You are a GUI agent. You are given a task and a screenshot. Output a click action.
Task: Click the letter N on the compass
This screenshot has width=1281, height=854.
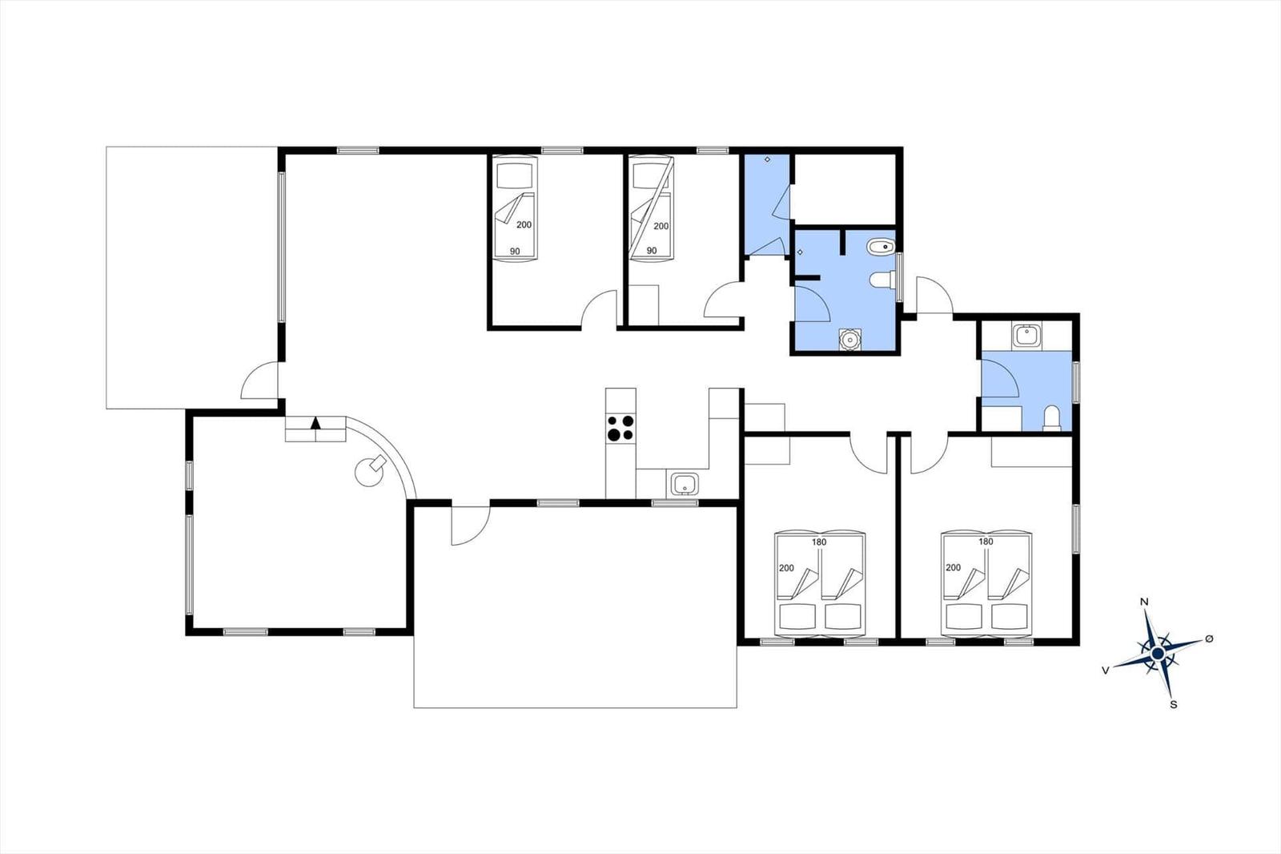click(1145, 602)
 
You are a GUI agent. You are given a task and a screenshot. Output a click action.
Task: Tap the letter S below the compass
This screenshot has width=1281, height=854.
click(1174, 705)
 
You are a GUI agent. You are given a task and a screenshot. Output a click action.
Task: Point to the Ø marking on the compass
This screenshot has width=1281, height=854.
click(1209, 638)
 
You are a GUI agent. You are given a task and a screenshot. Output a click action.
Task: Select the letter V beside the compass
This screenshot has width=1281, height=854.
click(1106, 671)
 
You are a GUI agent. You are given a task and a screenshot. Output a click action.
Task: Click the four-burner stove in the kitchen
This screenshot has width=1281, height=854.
click(620, 428)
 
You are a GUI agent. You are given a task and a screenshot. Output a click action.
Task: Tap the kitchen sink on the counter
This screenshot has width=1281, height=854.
click(684, 484)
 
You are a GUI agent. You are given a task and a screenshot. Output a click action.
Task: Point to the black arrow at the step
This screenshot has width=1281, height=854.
click(316, 423)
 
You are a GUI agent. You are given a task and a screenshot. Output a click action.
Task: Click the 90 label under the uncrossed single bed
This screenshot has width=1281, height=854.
click(515, 252)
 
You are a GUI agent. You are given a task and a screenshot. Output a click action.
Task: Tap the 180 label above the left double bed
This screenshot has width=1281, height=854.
click(818, 542)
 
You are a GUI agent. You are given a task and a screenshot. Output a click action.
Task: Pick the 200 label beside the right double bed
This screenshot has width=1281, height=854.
click(953, 567)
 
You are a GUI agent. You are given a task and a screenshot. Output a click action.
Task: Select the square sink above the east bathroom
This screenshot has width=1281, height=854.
click(1026, 334)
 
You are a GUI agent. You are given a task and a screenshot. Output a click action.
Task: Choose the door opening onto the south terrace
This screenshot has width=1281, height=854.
click(470, 525)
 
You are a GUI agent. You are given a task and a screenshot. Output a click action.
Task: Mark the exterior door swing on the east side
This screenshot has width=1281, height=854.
click(934, 295)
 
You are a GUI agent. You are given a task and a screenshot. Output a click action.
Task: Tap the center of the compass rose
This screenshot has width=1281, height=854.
click(1158, 655)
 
